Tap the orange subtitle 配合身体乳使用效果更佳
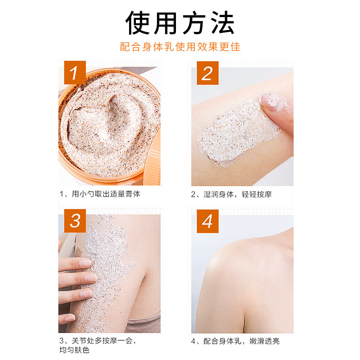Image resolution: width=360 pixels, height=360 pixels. point(180,47)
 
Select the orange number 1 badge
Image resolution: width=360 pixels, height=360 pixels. point(74,72)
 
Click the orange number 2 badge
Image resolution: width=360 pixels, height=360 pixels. point(207,72)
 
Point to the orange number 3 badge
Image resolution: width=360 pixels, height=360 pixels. point(74,221)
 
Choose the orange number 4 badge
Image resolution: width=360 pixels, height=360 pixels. point(207,221)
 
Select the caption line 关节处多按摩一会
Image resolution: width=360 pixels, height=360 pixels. point(101,341)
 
